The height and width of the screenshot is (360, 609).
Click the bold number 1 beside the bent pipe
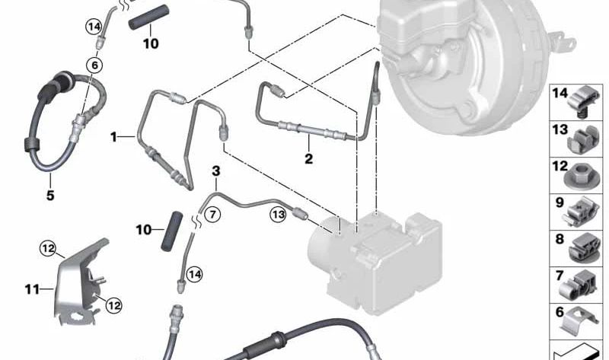pyautogui.click(x=113, y=137)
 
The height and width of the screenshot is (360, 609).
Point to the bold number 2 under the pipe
pyautogui.click(x=309, y=158)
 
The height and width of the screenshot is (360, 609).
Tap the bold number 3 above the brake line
pyautogui.click(x=216, y=171)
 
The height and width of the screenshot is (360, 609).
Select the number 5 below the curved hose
pyautogui.click(x=50, y=195)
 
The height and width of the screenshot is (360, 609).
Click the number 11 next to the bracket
pyautogui.click(x=32, y=289)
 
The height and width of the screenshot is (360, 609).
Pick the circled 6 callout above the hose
pyautogui.click(x=94, y=65)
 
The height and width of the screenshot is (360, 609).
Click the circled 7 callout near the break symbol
pyautogui.click(x=212, y=215)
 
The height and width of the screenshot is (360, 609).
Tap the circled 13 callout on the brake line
pyautogui.click(x=279, y=215)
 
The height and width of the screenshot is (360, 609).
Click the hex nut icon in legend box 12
pyautogui.click(x=581, y=177)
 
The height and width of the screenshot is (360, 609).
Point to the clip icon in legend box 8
pyautogui.click(x=584, y=249)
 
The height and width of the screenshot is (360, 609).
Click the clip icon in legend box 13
pyautogui.click(x=583, y=139)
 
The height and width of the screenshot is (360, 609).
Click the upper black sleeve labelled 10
pyautogui.click(x=149, y=17)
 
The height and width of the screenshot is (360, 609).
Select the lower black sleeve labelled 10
pyautogui.click(x=171, y=231)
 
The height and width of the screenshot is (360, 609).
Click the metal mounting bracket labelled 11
pyautogui.click(x=81, y=282)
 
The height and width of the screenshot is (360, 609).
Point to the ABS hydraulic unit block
pyautogui.click(x=375, y=261)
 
